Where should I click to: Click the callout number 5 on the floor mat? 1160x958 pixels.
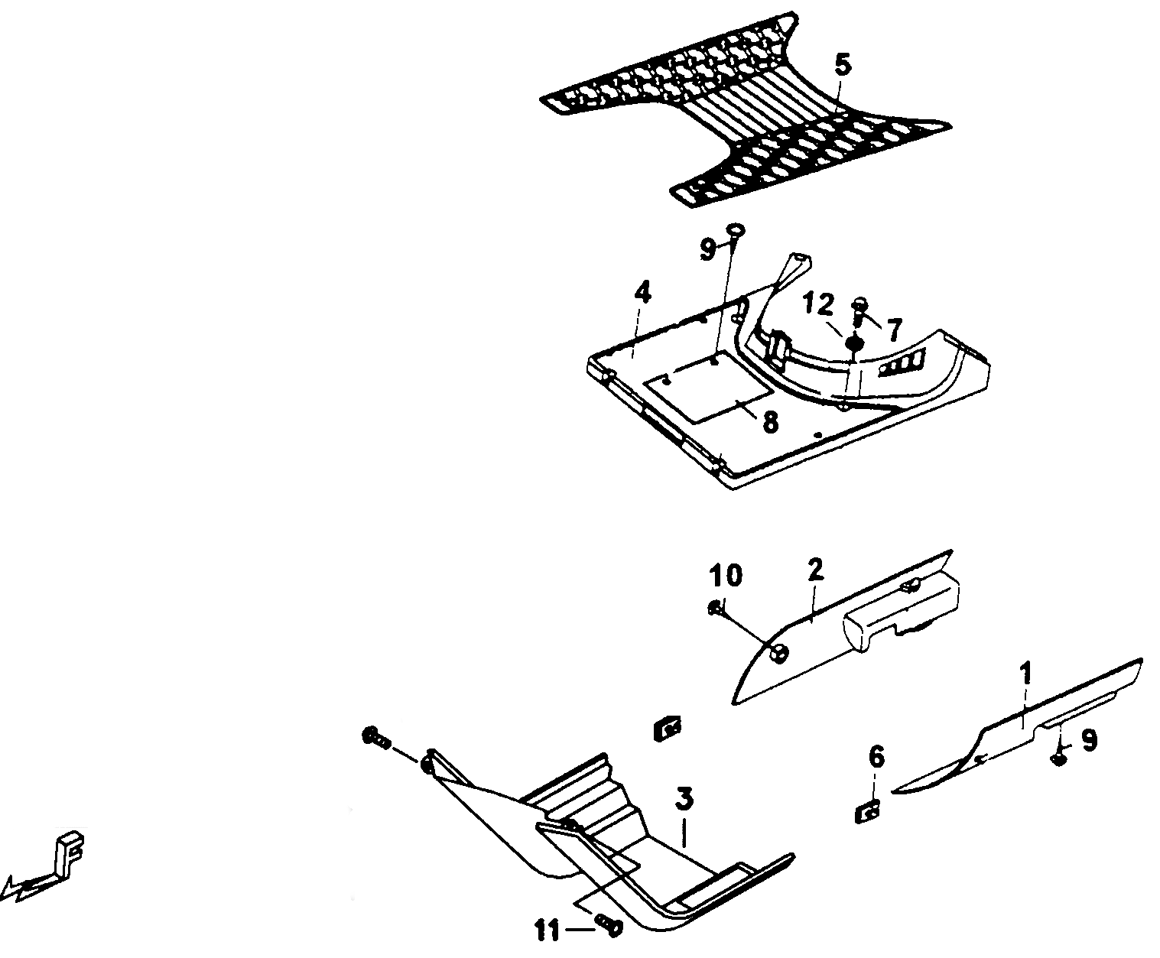[842, 66]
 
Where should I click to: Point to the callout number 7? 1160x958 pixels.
[893, 330]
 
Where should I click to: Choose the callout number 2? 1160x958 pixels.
[815, 570]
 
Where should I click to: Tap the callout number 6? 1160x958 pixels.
[876, 758]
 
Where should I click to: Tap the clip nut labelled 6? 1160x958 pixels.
[867, 814]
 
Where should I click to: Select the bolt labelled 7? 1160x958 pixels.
[859, 312]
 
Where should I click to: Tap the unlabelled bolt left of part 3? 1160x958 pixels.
[377, 739]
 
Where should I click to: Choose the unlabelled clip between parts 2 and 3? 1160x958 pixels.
[667, 729]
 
